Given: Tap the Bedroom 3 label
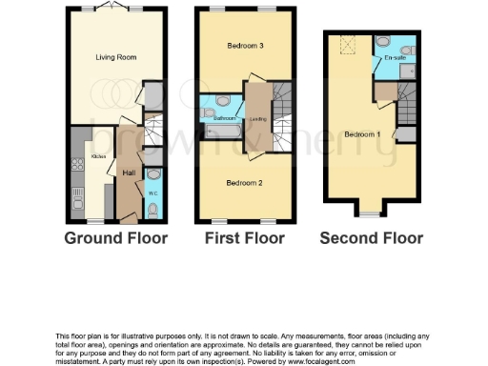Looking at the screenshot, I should [x=245, y=46].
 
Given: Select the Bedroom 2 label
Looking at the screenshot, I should [x=244, y=181].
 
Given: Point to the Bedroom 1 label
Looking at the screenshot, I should [x=363, y=133].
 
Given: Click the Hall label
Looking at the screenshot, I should [x=128, y=172].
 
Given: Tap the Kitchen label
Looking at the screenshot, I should [x=97, y=155].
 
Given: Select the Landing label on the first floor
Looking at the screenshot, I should [x=256, y=119].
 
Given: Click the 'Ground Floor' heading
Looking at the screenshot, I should [x=115, y=238].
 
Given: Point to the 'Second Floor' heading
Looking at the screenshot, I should [x=371, y=238].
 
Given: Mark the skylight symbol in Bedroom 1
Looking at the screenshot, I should [x=345, y=44].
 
